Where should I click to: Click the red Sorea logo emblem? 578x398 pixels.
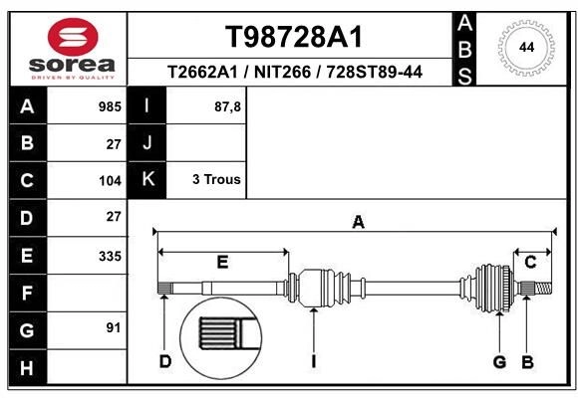coord(73,37)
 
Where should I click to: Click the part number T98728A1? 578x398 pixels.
coord(294,37)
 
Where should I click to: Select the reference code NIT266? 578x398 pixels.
coord(282,72)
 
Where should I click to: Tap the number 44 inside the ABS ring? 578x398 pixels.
coord(526,48)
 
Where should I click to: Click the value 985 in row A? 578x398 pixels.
coord(110,106)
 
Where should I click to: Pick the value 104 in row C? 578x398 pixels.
coord(110,181)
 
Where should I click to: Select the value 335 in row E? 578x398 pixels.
coord(110,256)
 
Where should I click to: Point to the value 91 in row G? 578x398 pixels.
coord(114,327)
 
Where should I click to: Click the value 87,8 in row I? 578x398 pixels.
coord(227,106)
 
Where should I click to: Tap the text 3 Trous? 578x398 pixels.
coord(216,179)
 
